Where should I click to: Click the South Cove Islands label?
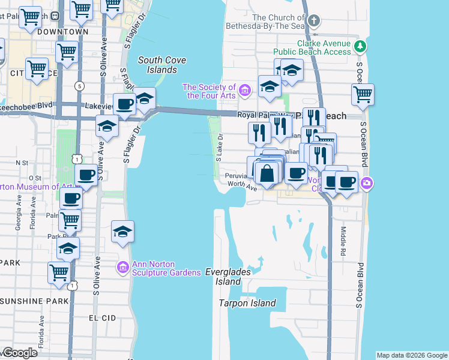(x=161, y=65)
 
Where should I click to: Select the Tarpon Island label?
(x=247, y=303)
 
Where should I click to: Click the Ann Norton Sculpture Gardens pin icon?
(x=122, y=267)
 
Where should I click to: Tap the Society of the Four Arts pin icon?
(x=244, y=91)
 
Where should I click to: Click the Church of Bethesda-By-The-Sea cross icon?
(x=313, y=22)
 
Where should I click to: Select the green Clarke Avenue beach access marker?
(x=360, y=46)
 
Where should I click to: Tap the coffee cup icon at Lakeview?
(x=125, y=104)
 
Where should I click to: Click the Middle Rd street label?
(x=343, y=231)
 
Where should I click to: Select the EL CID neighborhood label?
(x=100, y=317)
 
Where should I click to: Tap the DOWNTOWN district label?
(x=62, y=31)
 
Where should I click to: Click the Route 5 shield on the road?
(x=79, y=86)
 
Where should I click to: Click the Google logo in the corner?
(x=19, y=353)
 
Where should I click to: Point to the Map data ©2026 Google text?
(x=411, y=355)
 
